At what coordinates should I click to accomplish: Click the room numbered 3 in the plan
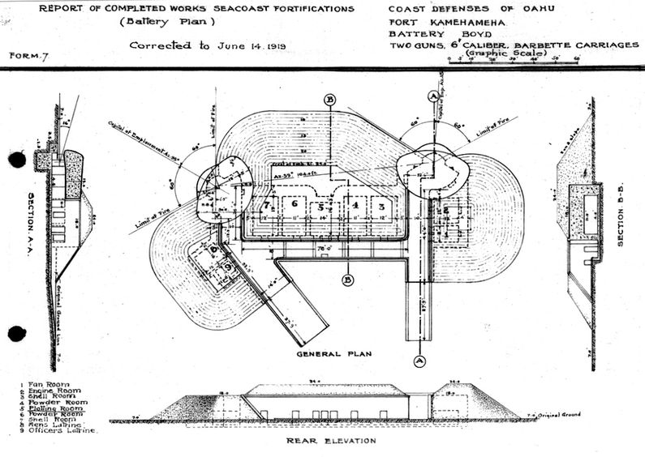[x=379, y=207]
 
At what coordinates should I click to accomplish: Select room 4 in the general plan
[x=354, y=207]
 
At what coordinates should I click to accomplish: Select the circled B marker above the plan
[x=330, y=100]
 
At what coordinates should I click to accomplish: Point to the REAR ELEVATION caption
[x=331, y=441]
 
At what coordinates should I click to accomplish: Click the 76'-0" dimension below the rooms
[x=323, y=247]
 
